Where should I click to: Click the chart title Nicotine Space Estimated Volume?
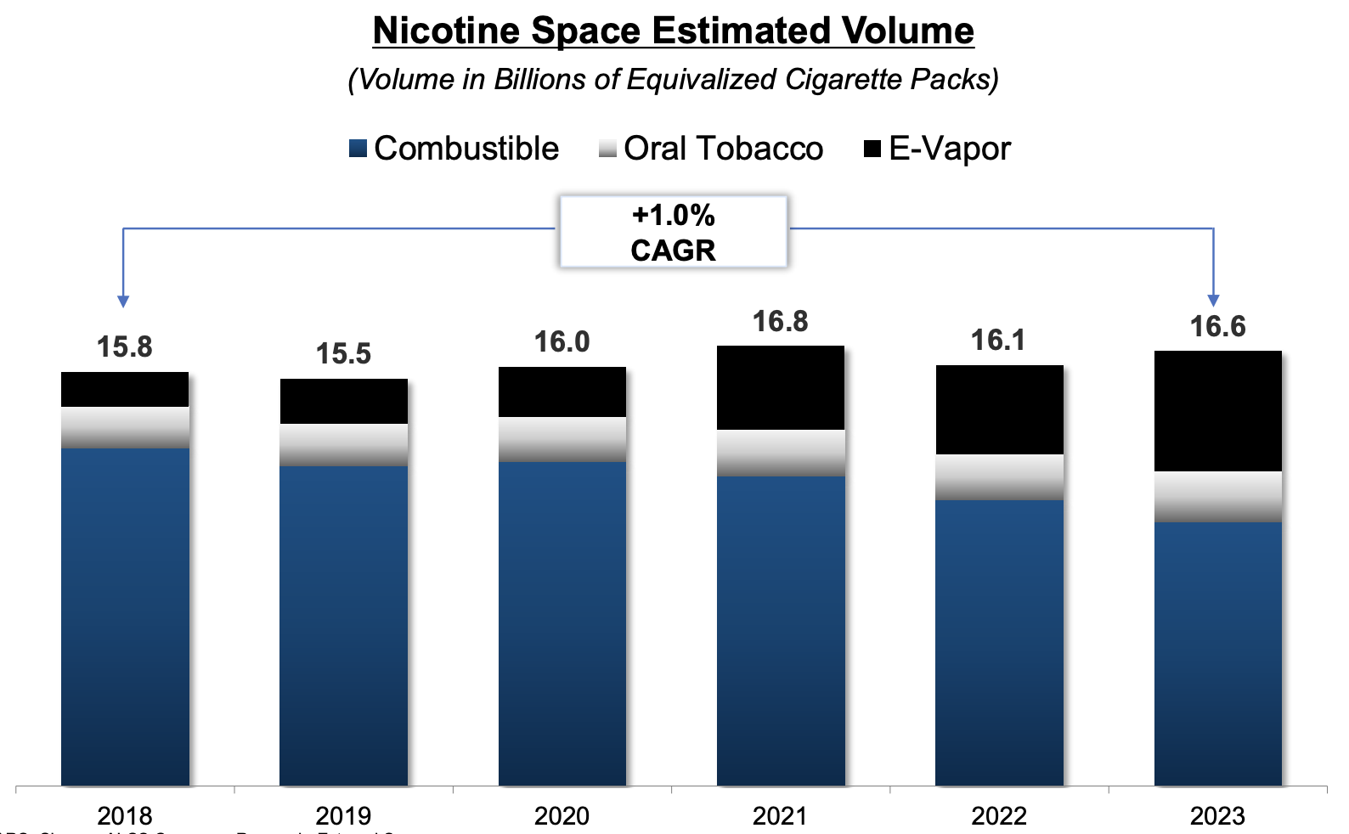pyautogui.click(x=673, y=31)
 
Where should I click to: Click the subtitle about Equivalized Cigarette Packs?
pyautogui.click(x=673, y=80)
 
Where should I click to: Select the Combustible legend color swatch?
pyautogui.click(x=358, y=149)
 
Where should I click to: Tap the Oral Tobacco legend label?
pyautogui.click(x=723, y=149)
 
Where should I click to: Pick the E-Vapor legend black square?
pyautogui.click(x=872, y=149)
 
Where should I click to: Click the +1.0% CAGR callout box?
pyautogui.click(x=673, y=232)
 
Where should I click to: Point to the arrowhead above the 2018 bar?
pyautogui.click(x=123, y=301)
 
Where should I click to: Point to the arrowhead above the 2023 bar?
pyautogui.click(x=1213, y=301)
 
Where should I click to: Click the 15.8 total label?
pyautogui.click(x=124, y=347)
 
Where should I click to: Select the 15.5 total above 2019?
pyautogui.click(x=343, y=354)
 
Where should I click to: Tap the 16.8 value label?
pyautogui.click(x=780, y=322)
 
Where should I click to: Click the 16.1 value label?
pyautogui.click(x=998, y=341)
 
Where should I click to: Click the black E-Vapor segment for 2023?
pyautogui.click(x=1217, y=411)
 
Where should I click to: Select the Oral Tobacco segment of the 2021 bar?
pyautogui.click(x=780, y=453)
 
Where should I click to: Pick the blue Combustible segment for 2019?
pyautogui.click(x=343, y=625)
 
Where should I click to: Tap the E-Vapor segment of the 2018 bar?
pyautogui.click(x=124, y=390)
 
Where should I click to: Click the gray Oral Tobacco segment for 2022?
pyautogui.click(x=998, y=477)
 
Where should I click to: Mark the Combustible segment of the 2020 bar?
pyautogui.click(x=562, y=623)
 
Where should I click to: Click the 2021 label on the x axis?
pyautogui.click(x=780, y=816)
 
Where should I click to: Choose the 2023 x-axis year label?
pyautogui.click(x=1217, y=816)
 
